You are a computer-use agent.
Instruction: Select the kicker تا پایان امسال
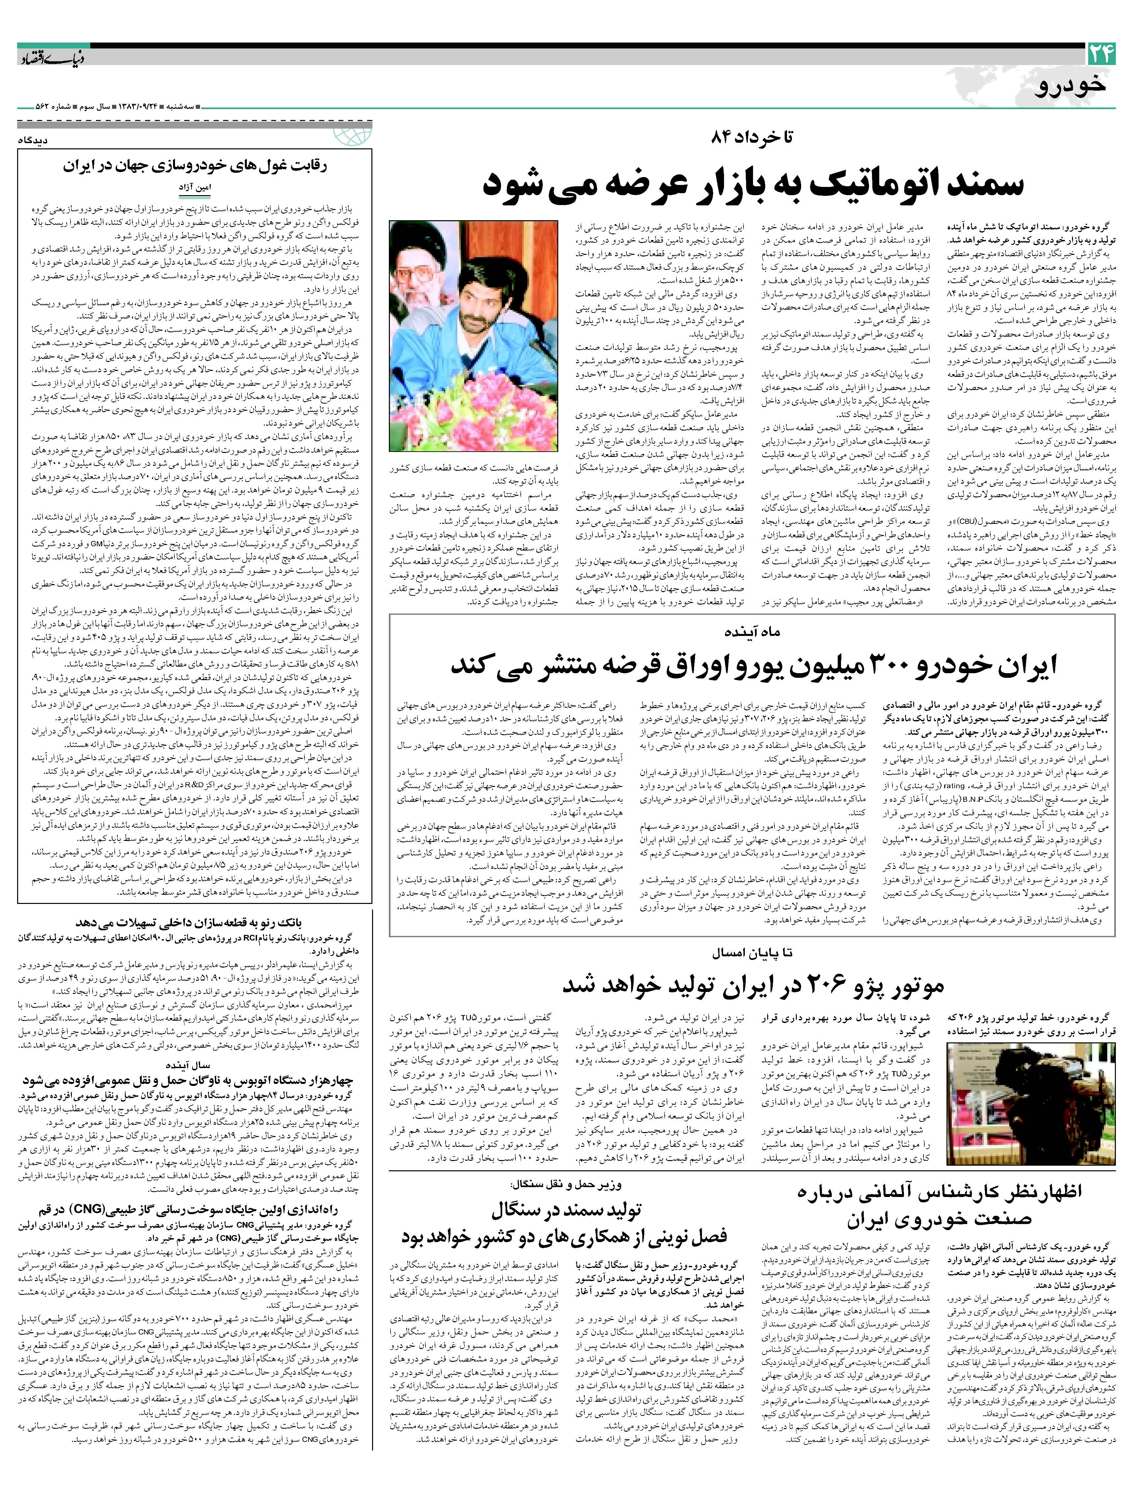[x=752, y=953]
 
